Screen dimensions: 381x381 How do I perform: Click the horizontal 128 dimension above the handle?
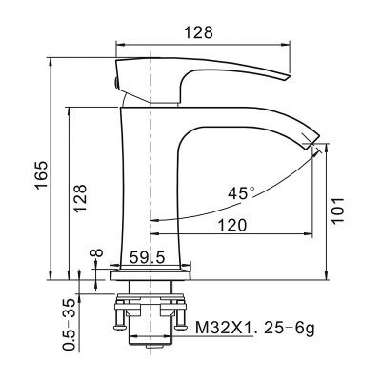pos(199,30)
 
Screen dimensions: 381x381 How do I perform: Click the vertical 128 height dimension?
pos(81,195)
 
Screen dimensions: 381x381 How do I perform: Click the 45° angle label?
pos(242,192)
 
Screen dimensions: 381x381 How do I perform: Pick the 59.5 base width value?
pos(147,257)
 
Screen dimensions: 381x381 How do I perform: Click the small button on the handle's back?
pos(116,84)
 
